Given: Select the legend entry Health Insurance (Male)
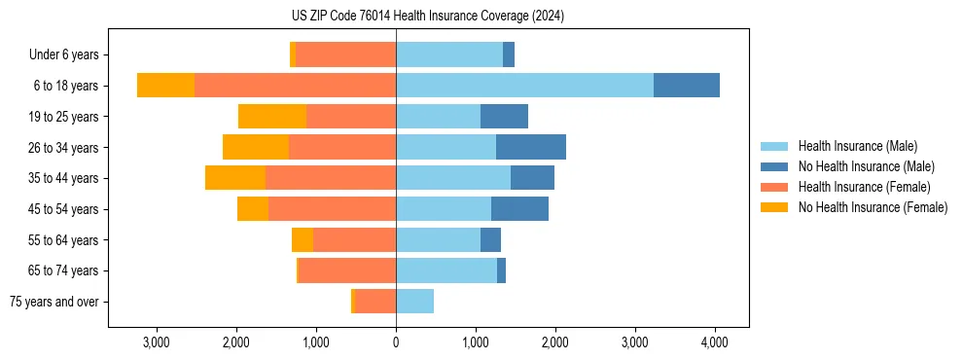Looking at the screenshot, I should coord(857,146).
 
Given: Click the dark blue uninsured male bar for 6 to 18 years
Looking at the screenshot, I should coord(686,86).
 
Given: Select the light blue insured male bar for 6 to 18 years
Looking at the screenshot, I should coord(524,86).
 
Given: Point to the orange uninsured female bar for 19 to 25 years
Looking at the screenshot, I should coord(272,117).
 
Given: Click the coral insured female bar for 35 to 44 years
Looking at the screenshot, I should coord(331,178).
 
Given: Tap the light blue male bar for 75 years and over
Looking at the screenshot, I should coord(414,302).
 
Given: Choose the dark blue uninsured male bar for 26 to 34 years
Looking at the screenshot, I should coord(531,147).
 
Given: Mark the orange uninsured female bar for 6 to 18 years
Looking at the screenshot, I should coord(165,86).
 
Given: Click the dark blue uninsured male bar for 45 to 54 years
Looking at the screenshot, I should coord(519,209).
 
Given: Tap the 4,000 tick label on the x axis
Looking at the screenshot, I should coord(715,342).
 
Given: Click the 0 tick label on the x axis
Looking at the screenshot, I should coord(396,342).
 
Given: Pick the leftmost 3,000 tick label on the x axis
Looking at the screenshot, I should coord(157,342).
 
